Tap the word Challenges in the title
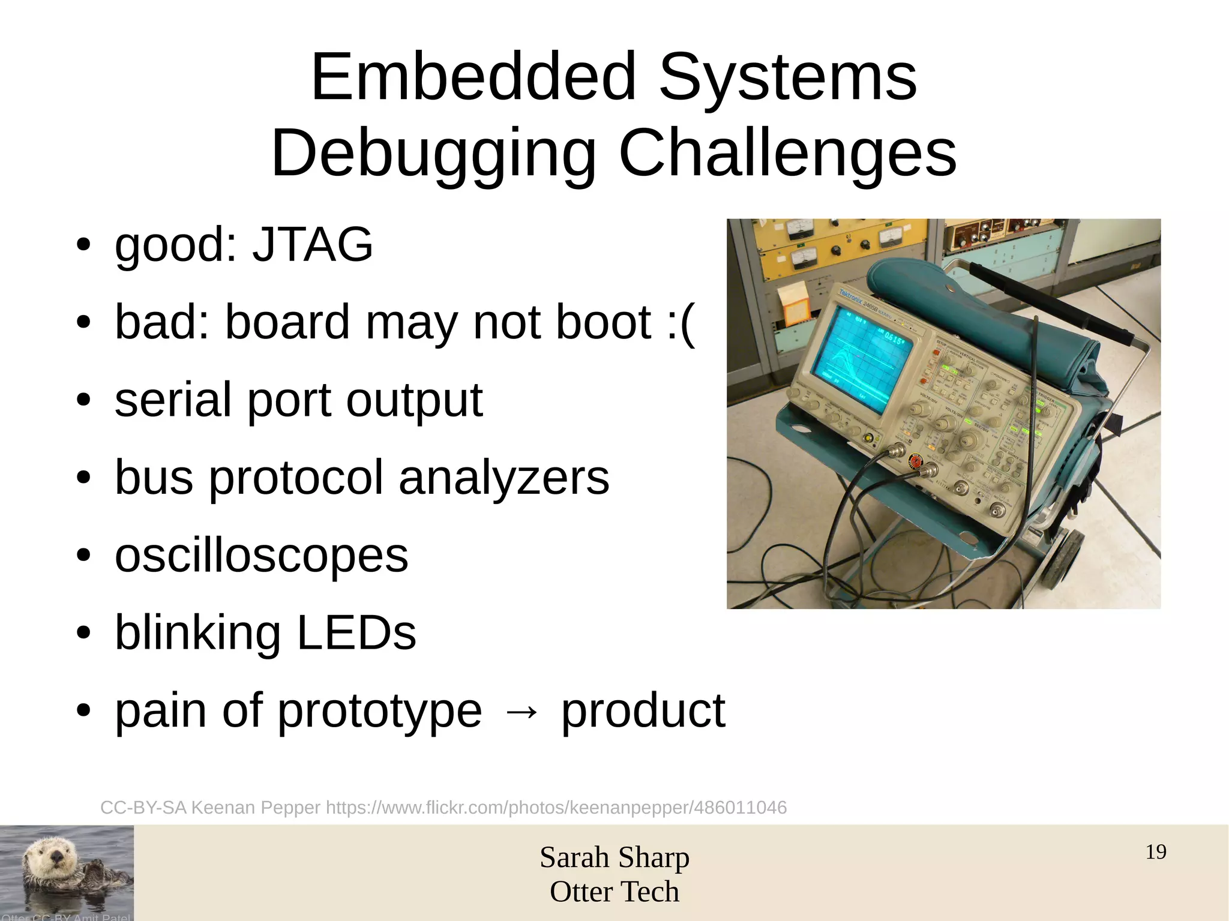[787, 154]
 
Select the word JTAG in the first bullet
[312, 244]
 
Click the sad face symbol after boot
[681, 323]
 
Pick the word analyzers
[503, 478]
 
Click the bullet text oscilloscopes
[261, 555]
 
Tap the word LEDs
[356, 632]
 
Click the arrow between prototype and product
[521, 712]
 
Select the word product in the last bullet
[643, 711]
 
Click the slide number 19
[1155, 852]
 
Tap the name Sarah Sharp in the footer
[614, 857]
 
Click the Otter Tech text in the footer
[614, 892]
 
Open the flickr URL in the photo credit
[556, 808]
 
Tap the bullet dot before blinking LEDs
[83, 633]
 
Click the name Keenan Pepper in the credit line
[256, 808]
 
